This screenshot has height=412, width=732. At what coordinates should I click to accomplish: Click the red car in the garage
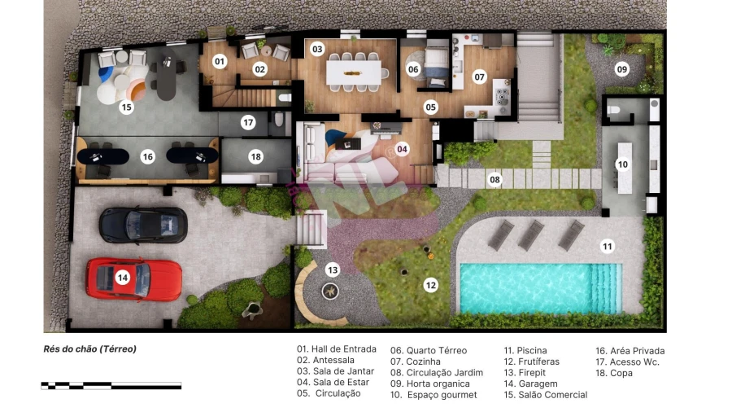pyautogui.click(x=134, y=278)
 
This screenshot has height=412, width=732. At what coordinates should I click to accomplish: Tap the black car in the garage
pyautogui.click(x=143, y=226)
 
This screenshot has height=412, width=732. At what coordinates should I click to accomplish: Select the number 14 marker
pyautogui.click(x=122, y=278)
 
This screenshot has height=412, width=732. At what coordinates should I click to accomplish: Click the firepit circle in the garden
pyautogui.click(x=330, y=291)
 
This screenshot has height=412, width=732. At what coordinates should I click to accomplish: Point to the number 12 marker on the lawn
pyautogui.click(x=430, y=285)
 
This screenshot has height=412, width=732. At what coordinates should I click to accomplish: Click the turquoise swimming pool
pyautogui.click(x=541, y=288)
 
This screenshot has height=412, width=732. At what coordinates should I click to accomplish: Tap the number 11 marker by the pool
pyautogui.click(x=607, y=246)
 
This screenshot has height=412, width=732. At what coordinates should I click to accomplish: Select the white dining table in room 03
pyautogui.click(x=354, y=72)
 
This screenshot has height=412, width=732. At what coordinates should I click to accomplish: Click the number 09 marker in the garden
pyautogui.click(x=622, y=69)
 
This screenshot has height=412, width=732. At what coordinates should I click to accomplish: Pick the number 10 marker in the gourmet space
pyautogui.click(x=622, y=164)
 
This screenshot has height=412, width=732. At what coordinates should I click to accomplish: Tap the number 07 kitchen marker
pyautogui.click(x=479, y=77)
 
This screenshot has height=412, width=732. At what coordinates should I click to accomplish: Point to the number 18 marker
pyautogui.click(x=256, y=156)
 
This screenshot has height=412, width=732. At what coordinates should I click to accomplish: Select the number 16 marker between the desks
pyautogui.click(x=147, y=156)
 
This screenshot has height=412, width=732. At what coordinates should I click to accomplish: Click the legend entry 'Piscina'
pyautogui.click(x=525, y=350)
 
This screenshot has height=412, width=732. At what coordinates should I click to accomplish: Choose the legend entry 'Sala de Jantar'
pyautogui.click(x=336, y=371)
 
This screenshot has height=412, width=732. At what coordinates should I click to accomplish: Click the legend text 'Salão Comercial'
pyautogui.click(x=545, y=395)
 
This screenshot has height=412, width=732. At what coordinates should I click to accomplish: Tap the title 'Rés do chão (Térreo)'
pyautogui.click(x=89, y=349)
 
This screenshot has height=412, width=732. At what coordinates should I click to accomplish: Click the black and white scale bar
pyautogui.click(x=111, y=385)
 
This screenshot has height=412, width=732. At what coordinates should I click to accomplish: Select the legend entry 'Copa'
pyautogui.click(x=614, y=373)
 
